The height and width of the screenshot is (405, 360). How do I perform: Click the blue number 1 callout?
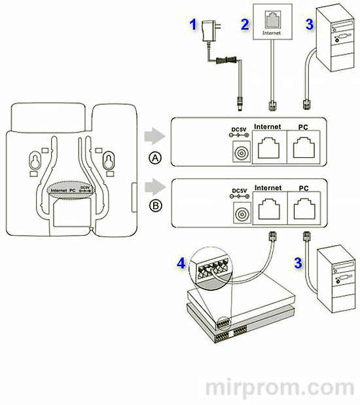(x=192, y=26)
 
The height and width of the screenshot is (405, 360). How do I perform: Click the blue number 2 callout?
(x=243, y=26)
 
